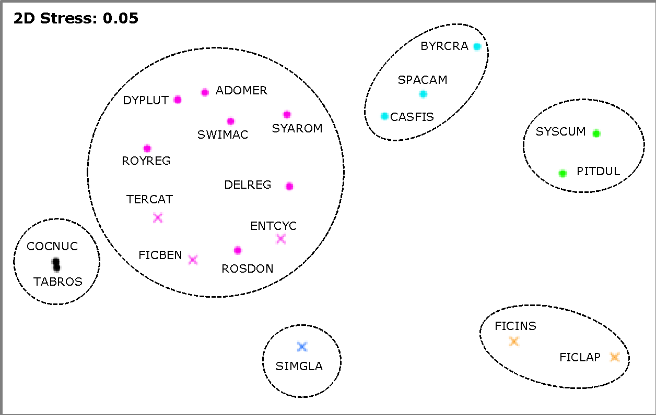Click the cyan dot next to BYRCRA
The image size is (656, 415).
point(476,46)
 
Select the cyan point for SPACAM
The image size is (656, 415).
point(423,94)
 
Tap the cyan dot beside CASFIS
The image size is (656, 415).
point(385,116)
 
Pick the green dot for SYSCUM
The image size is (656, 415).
point(596,133)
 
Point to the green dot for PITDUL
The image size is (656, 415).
point(563,174)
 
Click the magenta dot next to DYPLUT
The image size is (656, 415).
point(178,100)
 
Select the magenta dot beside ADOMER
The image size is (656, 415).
point(205,92)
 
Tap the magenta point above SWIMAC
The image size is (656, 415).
point(230,121)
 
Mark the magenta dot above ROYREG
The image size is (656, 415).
point(147,149)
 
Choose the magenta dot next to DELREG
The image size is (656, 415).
point(289,186)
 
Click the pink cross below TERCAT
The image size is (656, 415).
point(158,218)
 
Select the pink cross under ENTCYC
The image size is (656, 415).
point(281,239)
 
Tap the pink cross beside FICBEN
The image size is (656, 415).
point(193,260)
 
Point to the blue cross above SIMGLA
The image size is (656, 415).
point(302,347)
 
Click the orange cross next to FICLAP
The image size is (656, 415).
point(614,357)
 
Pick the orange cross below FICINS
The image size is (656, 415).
point(514,342)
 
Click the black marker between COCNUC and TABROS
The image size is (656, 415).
point(56,265)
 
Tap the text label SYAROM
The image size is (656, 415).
point(297,128)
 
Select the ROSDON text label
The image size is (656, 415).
point(248,269)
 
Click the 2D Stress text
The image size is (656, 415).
point(76,20)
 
